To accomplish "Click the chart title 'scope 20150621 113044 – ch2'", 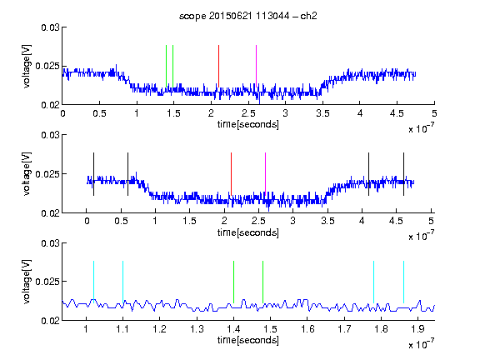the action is (247, 16).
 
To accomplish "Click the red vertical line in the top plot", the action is (218, 66).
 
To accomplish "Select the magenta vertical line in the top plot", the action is (256, 66).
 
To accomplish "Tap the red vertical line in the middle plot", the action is (231, 174).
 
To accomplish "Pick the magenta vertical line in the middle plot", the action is (265, 174).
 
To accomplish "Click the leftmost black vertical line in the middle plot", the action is (93, 174).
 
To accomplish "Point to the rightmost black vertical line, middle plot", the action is (403, 174).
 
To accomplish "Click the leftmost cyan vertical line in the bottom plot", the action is (93, 282).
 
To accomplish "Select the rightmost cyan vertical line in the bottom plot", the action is (403, 282).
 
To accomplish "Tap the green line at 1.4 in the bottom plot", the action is (233, 282).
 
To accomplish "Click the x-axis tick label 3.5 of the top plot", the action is (322, 113).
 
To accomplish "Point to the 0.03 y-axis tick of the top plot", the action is (50, 27).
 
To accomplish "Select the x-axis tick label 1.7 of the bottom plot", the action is (344, 329).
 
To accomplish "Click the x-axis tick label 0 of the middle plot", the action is (87, 221).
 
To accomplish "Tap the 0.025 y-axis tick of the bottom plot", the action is (47, 282).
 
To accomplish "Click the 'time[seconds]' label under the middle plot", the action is (248, 232).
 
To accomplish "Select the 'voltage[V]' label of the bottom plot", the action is (27, 282).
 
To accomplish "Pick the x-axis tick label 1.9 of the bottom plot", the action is (417, 329).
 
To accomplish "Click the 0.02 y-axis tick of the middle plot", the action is (50, 213).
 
